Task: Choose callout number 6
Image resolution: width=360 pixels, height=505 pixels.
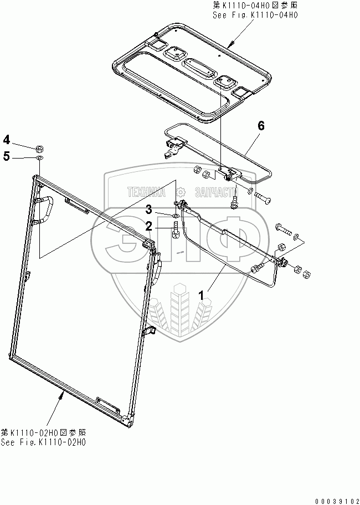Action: click(261, 126)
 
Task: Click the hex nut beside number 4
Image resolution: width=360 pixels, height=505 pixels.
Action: click(40, 149)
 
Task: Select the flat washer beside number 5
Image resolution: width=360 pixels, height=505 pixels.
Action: click(39, 159)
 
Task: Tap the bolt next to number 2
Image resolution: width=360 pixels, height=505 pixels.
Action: click(177, 227)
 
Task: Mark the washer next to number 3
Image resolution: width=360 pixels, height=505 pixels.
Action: click(176, 216)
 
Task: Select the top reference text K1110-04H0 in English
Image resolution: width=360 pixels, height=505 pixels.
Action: click(255, 16)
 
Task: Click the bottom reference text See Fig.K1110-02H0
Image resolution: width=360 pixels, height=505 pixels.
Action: click(44, 442)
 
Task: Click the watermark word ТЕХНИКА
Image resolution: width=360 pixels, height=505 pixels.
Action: click(147, 192)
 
